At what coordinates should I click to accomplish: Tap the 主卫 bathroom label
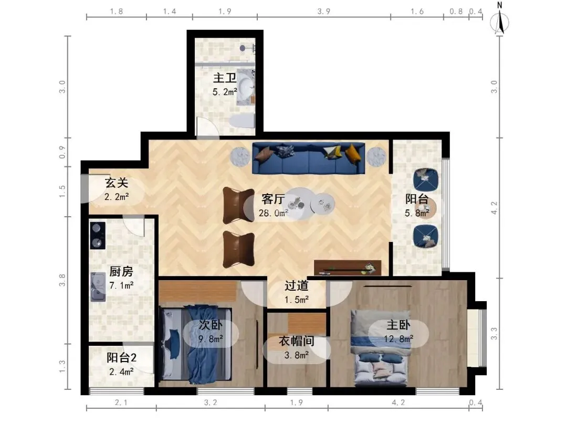(225, 78)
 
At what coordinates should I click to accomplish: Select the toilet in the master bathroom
(242, 121)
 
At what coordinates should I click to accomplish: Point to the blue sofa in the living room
(309, 158)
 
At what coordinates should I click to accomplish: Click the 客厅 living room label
(273, 199)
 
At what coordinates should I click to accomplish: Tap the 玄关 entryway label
(117, 183)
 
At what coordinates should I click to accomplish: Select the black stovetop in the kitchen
(98, 236)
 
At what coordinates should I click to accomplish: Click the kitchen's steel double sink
(98, 287)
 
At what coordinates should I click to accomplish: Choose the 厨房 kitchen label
(121, 271)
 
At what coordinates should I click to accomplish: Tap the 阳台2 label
(121, 358)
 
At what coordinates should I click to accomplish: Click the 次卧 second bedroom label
(211, 325)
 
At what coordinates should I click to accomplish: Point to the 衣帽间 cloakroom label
(296, 341)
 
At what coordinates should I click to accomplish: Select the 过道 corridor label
(296, 286)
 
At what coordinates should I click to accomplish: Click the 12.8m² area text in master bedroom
(398, 339)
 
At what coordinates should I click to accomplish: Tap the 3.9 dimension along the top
(323, 11)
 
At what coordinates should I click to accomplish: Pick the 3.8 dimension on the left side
(62, 280)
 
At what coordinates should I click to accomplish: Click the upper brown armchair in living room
(238, 205)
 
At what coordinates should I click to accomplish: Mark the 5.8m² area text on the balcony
(416, 213)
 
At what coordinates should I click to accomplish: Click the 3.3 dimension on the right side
(494, 334)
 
